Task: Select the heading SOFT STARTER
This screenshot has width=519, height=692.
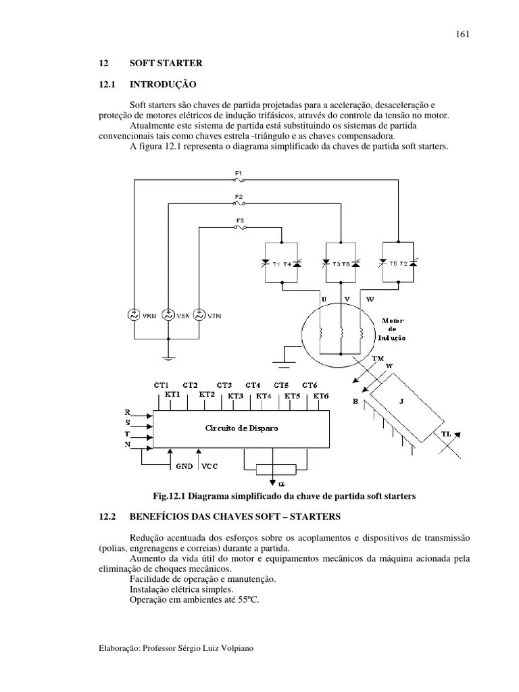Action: pos(166,64)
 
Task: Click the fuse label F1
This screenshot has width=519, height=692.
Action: pos(239,173)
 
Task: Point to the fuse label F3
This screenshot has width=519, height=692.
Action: pos(240,220)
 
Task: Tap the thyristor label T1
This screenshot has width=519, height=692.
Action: pos(276,264)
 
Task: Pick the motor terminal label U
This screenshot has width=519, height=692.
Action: pos(323,298)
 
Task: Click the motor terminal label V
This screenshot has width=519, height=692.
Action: pos(346,298)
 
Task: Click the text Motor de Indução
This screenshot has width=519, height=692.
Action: pos(393,329)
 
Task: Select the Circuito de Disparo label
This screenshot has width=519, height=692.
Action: pos(241,428)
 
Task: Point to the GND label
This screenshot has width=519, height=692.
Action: pos(184,466)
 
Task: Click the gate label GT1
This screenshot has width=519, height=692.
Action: pos(162,384)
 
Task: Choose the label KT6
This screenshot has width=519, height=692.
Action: pos(320,395)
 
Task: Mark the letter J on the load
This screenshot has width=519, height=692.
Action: pos(401,401)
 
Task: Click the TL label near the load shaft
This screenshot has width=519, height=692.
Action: pos(447,433)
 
